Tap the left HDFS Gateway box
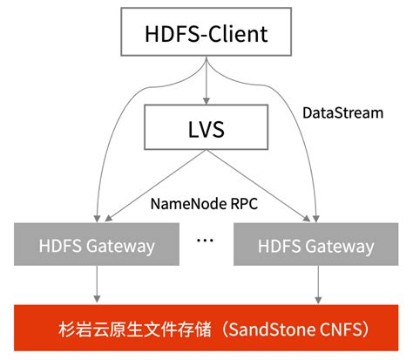point(98,246)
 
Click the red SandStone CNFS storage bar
point(206,329)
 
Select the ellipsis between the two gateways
point(206,238)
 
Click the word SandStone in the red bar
point(268,330)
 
